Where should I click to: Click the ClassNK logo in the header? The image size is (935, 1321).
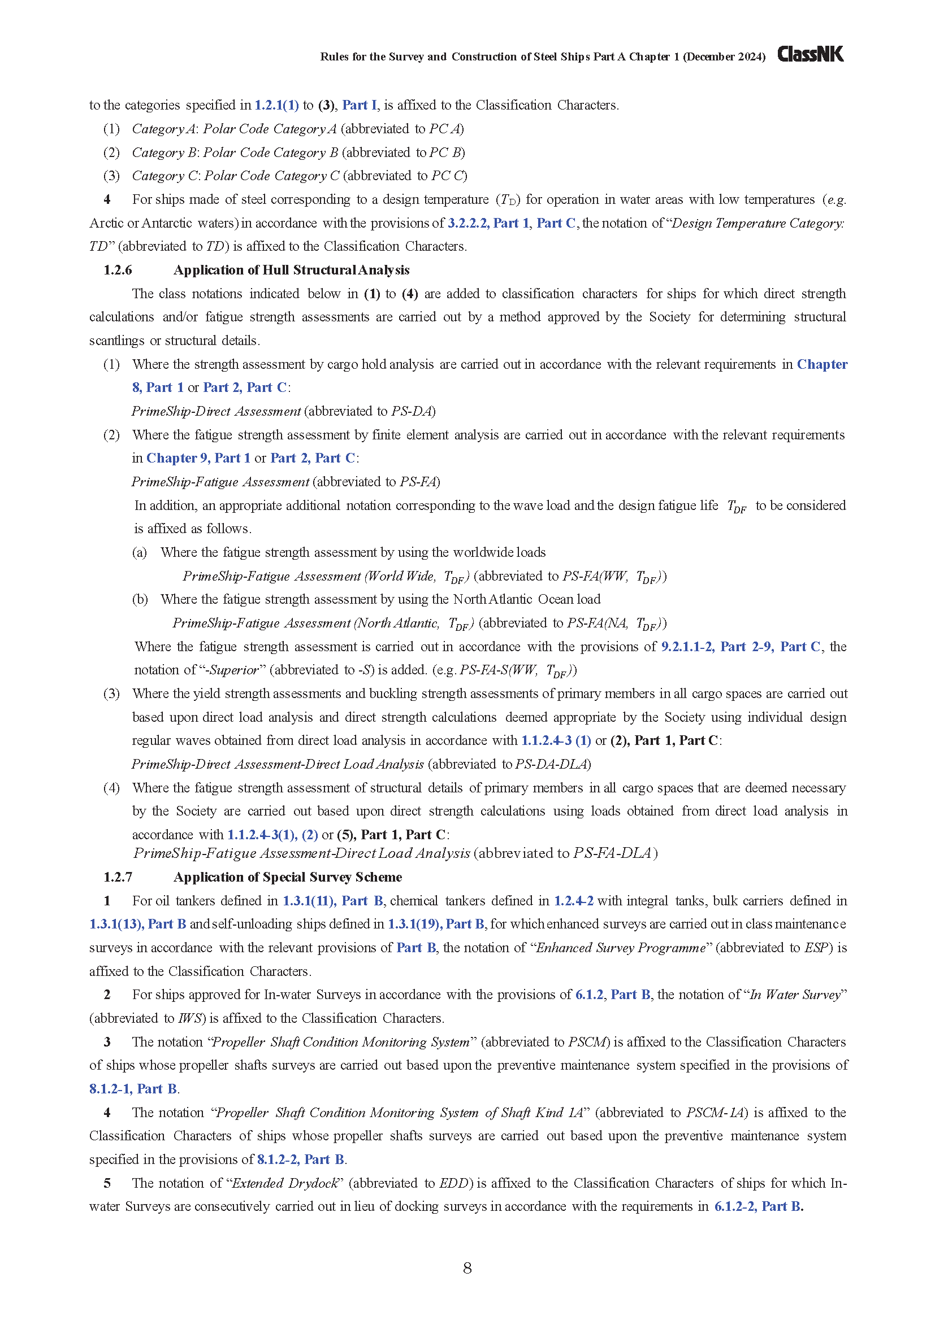pos(810,55)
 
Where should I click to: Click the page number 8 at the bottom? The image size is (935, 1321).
pos(467,1268)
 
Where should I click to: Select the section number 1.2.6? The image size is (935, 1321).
pos(118,270)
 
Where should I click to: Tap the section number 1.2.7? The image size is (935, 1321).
pos(118,877)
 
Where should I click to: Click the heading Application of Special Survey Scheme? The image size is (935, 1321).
pos(287,877)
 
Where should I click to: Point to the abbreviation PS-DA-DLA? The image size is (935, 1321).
pos(552,764)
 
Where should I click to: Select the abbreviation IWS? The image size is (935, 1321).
pos(191,1018)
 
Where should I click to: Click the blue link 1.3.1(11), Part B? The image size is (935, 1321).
pos(333,901)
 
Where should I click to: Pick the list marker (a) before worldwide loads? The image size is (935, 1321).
pos(139,552)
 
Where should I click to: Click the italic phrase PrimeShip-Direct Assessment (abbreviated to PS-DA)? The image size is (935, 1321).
pos(216,411)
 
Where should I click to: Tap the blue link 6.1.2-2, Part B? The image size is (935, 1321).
pos(757,1206)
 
